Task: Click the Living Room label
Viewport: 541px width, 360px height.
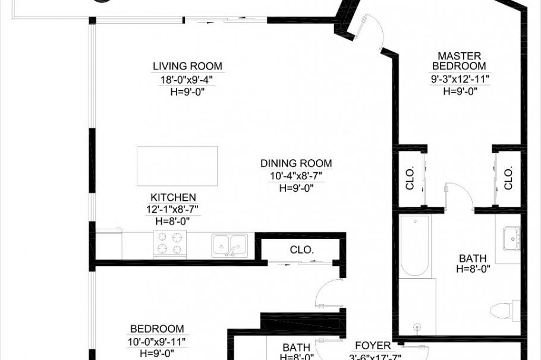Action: [x=187, y=66]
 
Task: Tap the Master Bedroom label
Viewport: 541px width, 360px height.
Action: [x=459, y=61]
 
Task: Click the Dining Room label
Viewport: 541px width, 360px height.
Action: [x=296, y=163]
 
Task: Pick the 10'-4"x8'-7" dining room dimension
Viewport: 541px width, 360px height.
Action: [x=296, y=176]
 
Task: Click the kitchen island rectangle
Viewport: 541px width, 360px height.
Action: [x=177, y=166]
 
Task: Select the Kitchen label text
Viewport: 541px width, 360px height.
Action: [x=173, y=197]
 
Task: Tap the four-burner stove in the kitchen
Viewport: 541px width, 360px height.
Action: [x=171, y=244]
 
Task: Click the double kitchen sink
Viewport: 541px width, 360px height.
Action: [x=229, y=244]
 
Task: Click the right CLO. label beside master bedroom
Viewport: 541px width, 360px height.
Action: [x=508, y=178]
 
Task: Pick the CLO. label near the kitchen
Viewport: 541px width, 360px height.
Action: [x=302, y=250]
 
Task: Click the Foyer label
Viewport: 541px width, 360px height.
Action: [x=373, y=345]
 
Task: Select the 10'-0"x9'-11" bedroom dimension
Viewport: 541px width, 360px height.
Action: [x=156, y=342]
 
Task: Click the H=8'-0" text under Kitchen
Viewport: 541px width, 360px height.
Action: [x=173, y=221]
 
